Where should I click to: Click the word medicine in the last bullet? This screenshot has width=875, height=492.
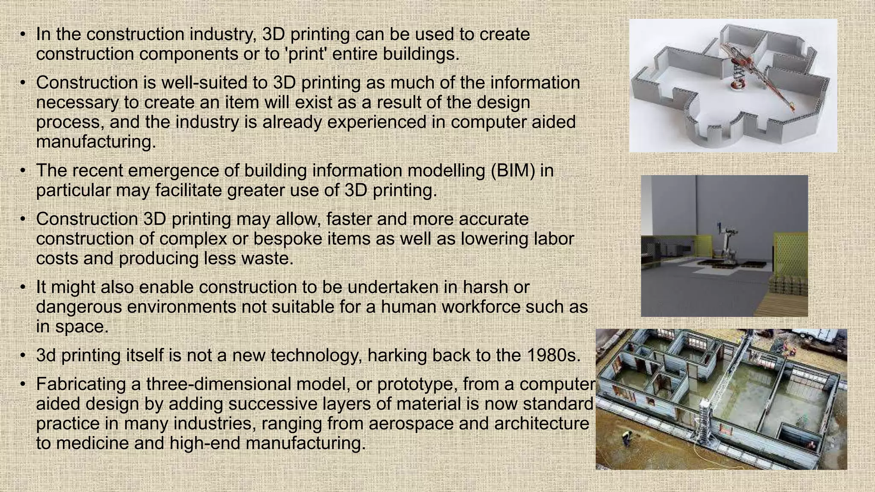point(91,443)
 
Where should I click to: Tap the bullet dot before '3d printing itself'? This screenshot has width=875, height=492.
point(23,356)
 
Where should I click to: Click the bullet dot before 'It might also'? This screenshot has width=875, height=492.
point(23,287)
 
